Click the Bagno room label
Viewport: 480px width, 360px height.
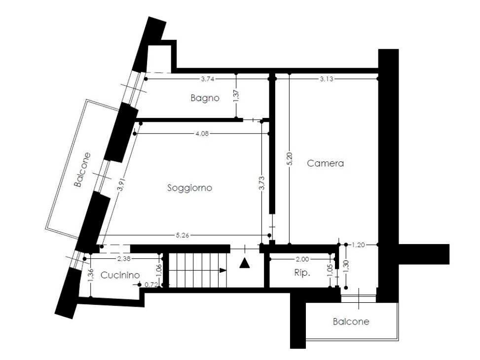pos(205,98)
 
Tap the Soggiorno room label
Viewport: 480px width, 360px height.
pos(189,188)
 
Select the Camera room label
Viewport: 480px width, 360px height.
pos(325,163)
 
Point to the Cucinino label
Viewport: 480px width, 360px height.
pos(120,276)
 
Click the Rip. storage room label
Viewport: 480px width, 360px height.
pos(302,273)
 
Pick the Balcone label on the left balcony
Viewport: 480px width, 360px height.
pos(82,170)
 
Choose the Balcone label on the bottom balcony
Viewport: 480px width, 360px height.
pos(351,322)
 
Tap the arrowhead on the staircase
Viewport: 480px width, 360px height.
pos(223,270)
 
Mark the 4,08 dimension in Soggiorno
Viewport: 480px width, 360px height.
pos(202,133)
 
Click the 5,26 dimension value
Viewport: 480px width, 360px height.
pos(182,235)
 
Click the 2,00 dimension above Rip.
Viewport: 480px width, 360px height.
pos(302,259)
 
